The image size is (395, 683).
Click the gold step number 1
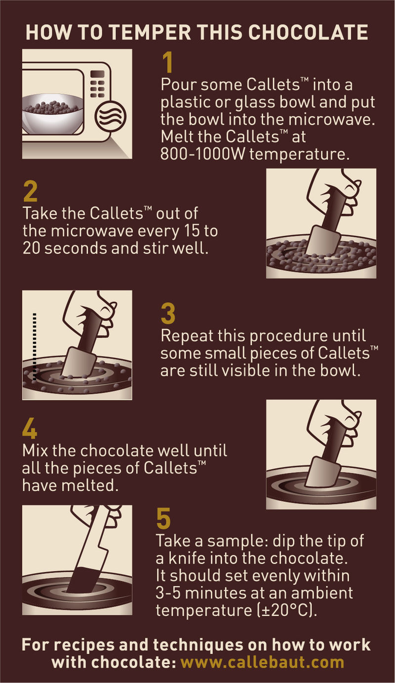click(x=167, y=62)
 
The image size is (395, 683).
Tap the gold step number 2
click(x=30, y=191)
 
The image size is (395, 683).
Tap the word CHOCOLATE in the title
click(x=308, y=33)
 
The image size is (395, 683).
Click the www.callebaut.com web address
click(x=263, y=662)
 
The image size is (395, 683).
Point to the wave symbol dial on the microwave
click(x=110, y=116)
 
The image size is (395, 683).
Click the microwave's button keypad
click(x=98, y=83)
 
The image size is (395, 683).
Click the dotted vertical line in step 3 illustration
click(x=35, y=347)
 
